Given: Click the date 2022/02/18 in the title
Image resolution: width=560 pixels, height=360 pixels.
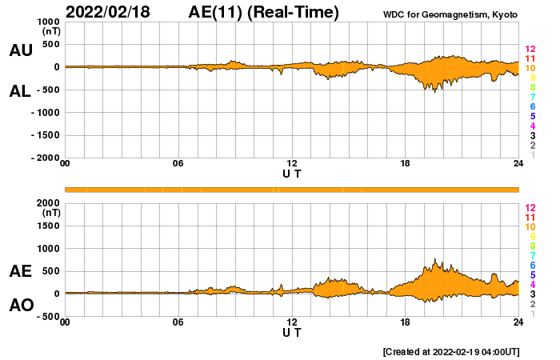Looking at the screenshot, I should click(108, 12).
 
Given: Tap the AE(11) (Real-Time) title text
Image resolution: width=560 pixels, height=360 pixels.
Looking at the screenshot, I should click(263, 12).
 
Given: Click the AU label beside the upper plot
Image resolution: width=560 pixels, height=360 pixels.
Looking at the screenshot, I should click(21, 50).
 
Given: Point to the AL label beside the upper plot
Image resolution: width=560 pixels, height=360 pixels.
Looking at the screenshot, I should click(21, 91).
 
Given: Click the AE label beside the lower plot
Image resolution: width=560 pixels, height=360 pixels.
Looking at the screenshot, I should click(21, 271).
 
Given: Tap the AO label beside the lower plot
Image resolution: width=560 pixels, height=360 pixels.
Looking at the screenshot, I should click(21, 305).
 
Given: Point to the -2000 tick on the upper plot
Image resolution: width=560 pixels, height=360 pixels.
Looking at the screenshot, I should click(44, 158).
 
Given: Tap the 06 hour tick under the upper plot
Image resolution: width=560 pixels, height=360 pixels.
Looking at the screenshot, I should click(178, 164).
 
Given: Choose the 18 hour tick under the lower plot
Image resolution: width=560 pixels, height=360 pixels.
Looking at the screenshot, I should click(405, 322).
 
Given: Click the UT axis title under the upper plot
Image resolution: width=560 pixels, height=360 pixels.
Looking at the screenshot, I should click(292, 173).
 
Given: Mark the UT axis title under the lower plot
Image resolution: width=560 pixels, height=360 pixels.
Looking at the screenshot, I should click(292, 332).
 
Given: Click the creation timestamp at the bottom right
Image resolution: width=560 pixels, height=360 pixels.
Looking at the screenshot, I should click(451, 351).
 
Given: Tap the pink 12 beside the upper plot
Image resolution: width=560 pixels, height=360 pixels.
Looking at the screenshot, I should click(530, 49).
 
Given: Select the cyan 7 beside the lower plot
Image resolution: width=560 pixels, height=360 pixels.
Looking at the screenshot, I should click(531, 255).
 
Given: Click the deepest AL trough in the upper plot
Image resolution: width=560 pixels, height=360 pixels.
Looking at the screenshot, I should click(435, 92).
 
